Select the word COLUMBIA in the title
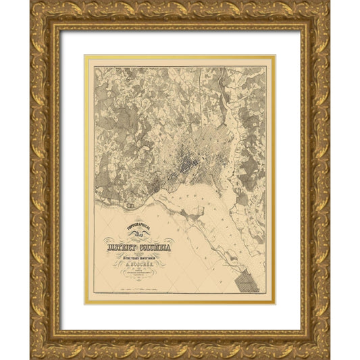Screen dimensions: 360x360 153,248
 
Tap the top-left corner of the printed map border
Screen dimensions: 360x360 94,66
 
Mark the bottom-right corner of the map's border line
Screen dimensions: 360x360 265,295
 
